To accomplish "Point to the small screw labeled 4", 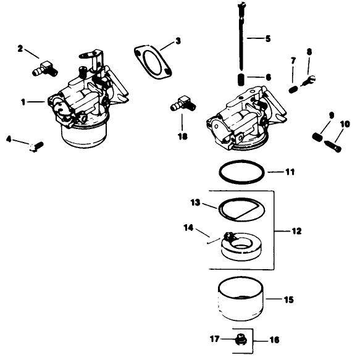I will tap(37, 146).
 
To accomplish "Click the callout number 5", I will tap(267, 38).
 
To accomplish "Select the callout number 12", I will tap(296, 231).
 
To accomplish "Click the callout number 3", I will tap(178, 41).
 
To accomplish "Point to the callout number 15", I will tap(288, 300).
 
